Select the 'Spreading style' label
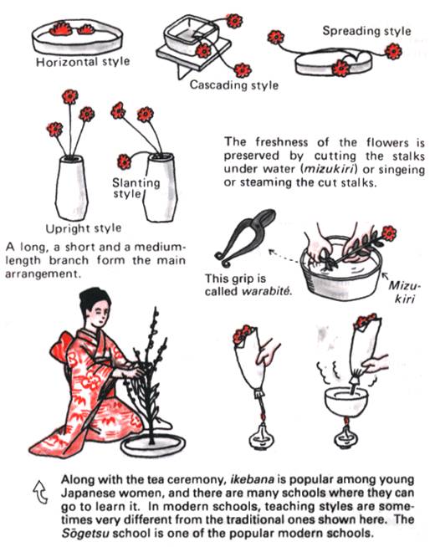click(x=366, y=31)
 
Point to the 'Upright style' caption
click(x=84, y=227)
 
